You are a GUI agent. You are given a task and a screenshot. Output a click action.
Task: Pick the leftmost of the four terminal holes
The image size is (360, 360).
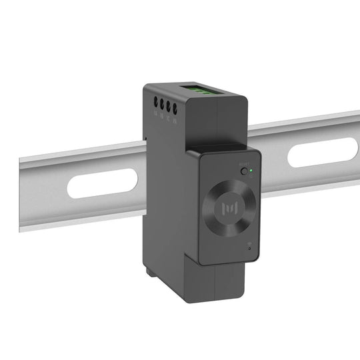(156, 103)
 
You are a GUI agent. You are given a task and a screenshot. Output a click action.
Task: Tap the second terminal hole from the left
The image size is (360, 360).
(162, 105)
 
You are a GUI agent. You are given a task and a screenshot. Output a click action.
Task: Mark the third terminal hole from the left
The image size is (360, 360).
(169, 105)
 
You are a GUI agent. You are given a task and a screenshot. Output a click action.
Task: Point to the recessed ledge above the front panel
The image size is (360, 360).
(217, 147)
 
